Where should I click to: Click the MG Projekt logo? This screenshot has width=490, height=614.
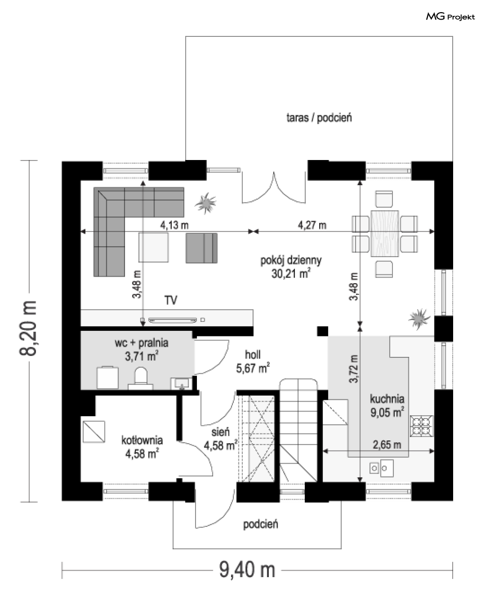pyautogui.click(x=450, y=17)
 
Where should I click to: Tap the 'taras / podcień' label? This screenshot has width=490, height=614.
pyautogui.click(x=319, y=118)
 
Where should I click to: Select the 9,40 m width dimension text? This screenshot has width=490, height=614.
pyautogui.click(x=247, y=570)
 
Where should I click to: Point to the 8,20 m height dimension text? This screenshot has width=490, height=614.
pyautogui.click(x=28, y=328)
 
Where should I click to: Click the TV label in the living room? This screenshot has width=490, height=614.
pyautogui.click(x=171, y=300)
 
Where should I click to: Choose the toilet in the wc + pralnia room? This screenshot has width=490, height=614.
pyautogui.click(x=140, y=377)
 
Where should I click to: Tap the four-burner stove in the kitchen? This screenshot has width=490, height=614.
pyautogui.click(x=422, y=426)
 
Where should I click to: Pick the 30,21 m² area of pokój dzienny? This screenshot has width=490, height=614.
pyautogui.click(x=291, y=274)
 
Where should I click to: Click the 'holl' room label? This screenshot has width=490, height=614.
pyautogui.click(x=252, y=355)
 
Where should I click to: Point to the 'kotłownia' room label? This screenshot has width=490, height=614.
pyautogui.click(x=142, y=440)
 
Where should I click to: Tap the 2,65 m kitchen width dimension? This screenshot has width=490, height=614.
pyautogui.click(x=387, y=445)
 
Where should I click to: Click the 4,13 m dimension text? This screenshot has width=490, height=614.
pyautogui.click(x=175, y=225)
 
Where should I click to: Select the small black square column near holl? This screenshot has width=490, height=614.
pyautogui.click(x=322, y=331)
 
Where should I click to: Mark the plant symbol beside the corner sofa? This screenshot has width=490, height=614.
pyautogui.click(x=205, y=203)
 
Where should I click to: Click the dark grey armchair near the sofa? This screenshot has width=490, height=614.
pyautogui.click(x=202, y=248)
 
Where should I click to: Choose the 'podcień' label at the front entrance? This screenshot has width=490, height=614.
pyautogui.click(x=260, y=524)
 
